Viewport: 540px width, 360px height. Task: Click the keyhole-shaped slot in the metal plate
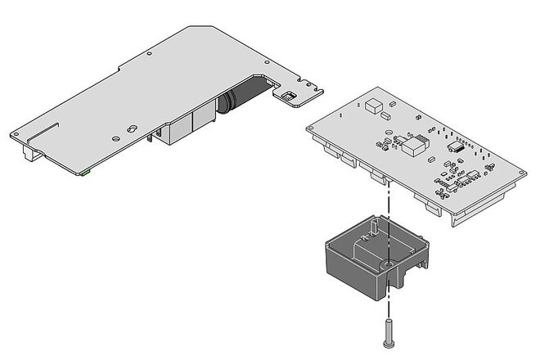point(132,129)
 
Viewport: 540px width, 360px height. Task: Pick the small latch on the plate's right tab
point(289,97)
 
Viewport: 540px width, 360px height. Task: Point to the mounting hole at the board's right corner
point(518,172)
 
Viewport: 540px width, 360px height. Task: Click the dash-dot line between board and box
point(384,205)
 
